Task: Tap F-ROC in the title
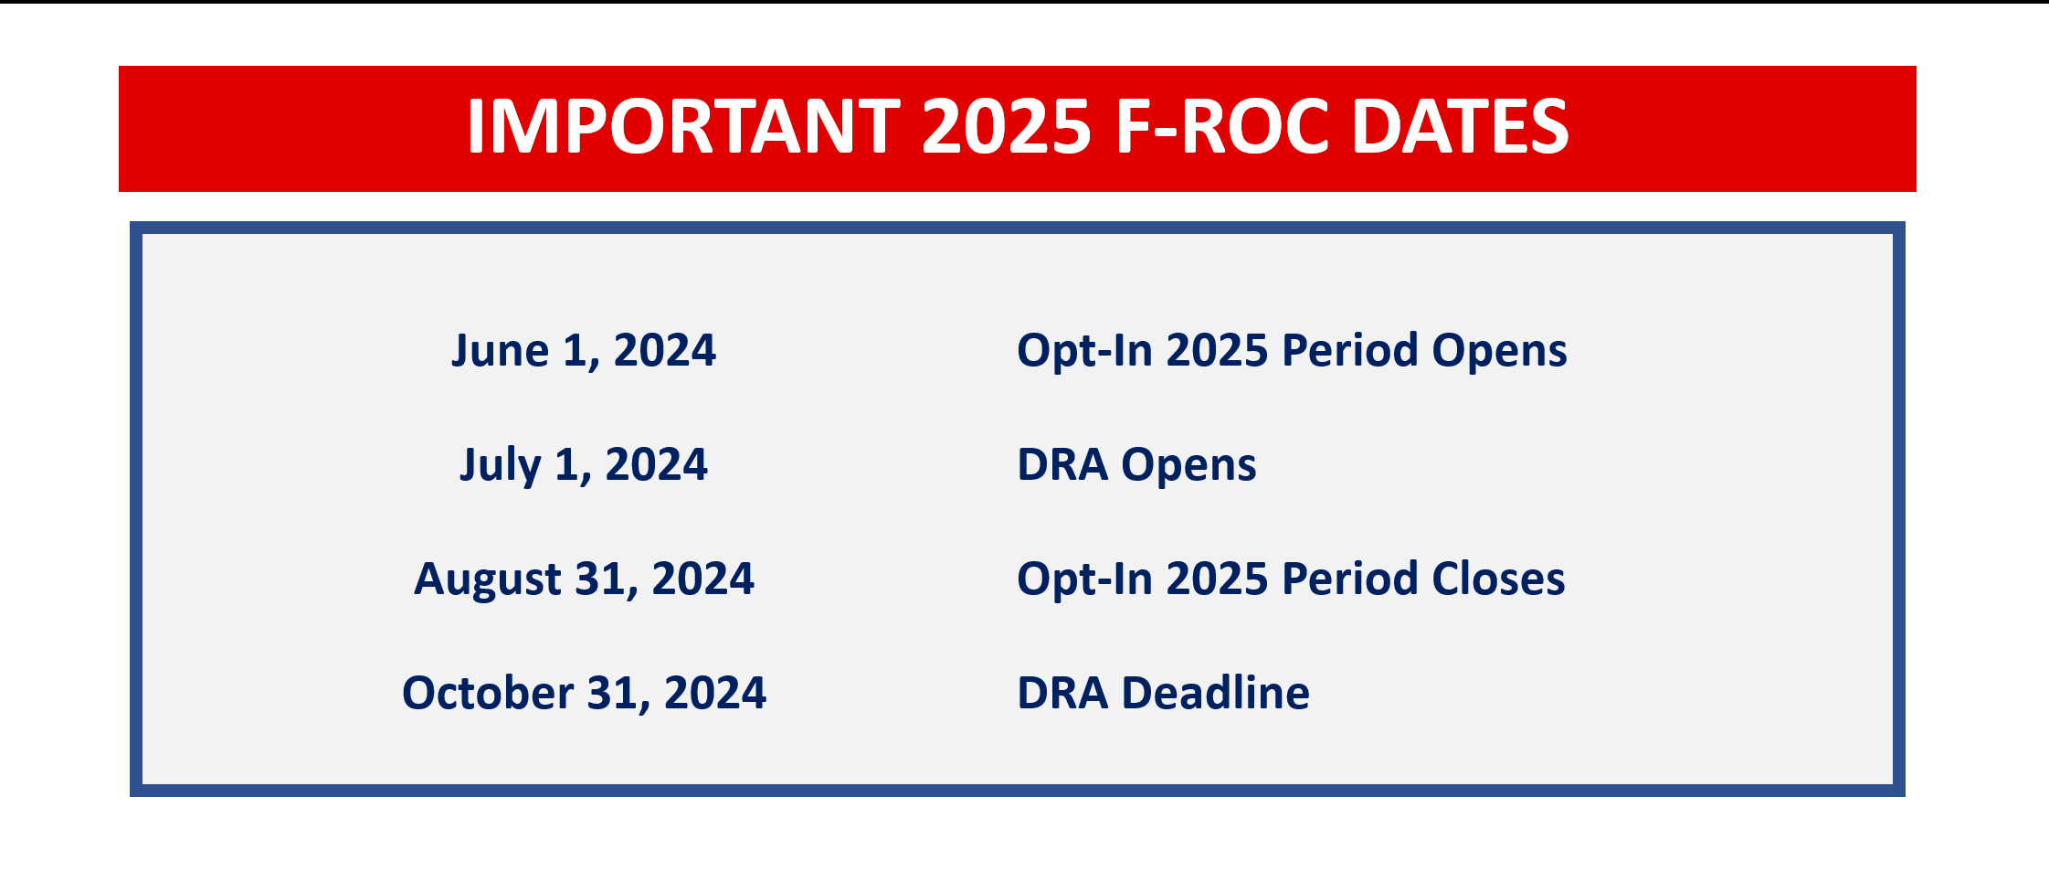pos(1222,126)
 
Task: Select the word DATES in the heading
pos(1460,126)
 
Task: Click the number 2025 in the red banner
pos(1007,126)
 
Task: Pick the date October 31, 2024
pos(584,694)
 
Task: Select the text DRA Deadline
pos(1163,693)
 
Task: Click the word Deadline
pos(1215,693)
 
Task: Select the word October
pos(489,693)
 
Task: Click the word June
pos(500,351)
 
